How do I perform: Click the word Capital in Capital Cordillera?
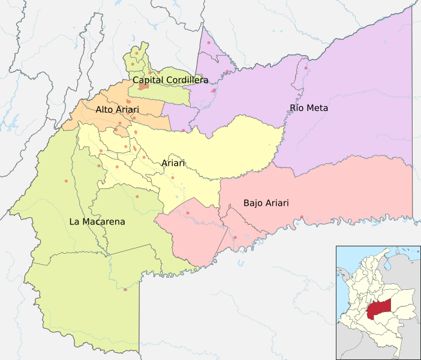[148, 80]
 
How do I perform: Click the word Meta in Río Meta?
[318, 108]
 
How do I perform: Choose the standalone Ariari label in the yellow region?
[173, 163]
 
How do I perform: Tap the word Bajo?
[254, 203]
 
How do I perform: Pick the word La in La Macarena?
[74, 221]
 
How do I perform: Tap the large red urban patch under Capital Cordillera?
[143, 87]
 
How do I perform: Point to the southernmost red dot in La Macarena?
[125, 290]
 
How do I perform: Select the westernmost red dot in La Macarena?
[66, 181]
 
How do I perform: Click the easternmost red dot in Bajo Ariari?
[302, 217]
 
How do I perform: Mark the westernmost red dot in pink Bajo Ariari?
[188, 213]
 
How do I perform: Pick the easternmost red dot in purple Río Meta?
[306, 68]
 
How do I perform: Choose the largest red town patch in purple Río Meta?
[213, 91]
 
